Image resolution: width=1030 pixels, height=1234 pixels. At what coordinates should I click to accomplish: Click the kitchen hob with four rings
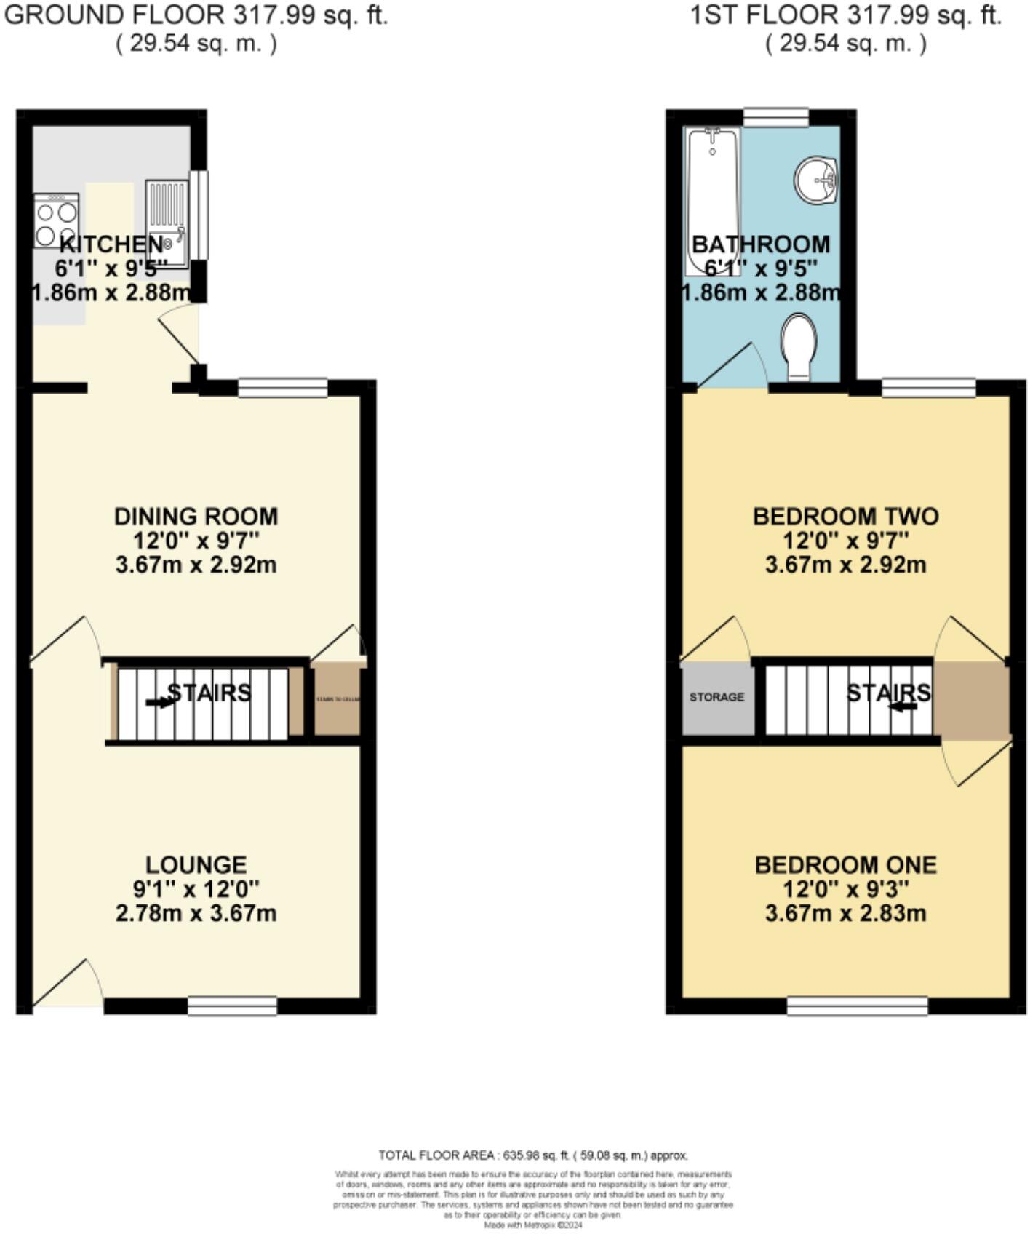56,220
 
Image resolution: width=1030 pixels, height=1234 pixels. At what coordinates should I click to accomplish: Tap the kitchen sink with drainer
167,224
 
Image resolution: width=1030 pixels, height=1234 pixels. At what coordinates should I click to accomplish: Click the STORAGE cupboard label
716,697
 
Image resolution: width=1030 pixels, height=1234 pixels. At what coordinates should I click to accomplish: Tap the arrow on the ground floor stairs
159,702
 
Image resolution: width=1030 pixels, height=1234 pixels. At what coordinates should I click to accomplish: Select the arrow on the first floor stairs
903,706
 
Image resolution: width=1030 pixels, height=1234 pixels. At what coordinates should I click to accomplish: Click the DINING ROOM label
196,517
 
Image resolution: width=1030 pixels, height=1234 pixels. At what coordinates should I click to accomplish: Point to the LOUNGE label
196,864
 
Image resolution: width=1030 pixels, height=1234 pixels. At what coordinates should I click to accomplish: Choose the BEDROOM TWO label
845,517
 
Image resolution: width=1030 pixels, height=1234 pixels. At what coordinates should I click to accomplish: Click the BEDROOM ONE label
845,864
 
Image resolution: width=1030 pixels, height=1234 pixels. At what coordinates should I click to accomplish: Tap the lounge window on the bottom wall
232,1006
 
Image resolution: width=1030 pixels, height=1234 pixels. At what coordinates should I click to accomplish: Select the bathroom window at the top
775,116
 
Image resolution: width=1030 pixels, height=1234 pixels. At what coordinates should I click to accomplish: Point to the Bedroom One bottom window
857,1006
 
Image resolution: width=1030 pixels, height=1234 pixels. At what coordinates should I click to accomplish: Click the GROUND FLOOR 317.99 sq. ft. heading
196,16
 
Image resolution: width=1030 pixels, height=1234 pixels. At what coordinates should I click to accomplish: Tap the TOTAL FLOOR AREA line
533,1155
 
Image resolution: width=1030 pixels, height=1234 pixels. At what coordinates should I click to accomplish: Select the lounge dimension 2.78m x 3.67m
196,912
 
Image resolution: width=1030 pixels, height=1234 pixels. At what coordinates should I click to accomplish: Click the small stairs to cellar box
337,699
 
